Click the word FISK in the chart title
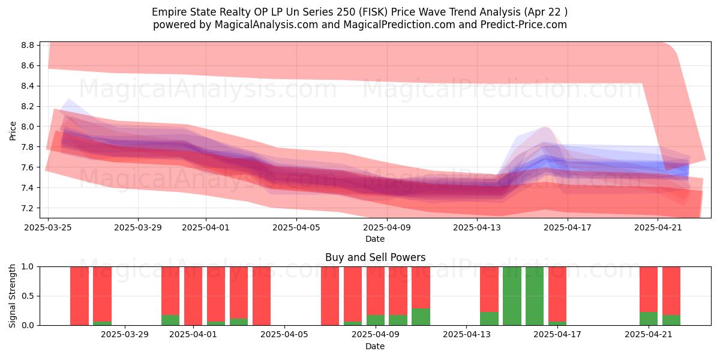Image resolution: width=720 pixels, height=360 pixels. [x=374, y=12]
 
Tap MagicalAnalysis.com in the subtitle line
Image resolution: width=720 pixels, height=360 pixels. [x=266, y=25]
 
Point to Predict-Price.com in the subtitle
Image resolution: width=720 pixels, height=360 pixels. [x=524, y=25]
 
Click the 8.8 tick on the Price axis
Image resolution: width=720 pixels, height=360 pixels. [x=28, y=45]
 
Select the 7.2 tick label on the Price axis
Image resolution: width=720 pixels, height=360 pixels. [x=28, y=208]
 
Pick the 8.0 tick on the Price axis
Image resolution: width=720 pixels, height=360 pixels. [x=28, y=127]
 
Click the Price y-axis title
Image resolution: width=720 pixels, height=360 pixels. [x=13, y=131]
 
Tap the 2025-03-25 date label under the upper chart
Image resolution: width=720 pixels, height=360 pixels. [x=48, y=227]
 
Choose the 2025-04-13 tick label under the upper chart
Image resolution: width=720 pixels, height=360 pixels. [x=477, y=227]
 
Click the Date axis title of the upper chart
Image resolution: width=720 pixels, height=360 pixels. [x=375, y=239]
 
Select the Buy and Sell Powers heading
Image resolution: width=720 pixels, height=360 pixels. [x=375, y=257]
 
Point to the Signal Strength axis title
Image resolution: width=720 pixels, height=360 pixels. [x=12, y=296]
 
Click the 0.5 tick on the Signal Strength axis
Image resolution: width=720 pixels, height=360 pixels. [x=28, y=296]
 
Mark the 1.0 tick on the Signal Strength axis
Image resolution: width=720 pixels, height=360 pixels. [x=28, y=267]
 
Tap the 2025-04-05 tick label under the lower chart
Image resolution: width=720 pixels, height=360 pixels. [x=284, y=334]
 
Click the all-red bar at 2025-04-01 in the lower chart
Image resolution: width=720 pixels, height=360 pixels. [x=193, y=296]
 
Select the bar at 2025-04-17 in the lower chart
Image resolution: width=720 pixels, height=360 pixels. [x=557, y=296]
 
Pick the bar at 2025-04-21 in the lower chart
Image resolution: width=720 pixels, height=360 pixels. [x=649, y=296]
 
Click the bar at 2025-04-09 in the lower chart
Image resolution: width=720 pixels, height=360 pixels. [x=376, y=296]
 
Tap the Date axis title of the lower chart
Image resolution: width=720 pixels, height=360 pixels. [x=375, y=346]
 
